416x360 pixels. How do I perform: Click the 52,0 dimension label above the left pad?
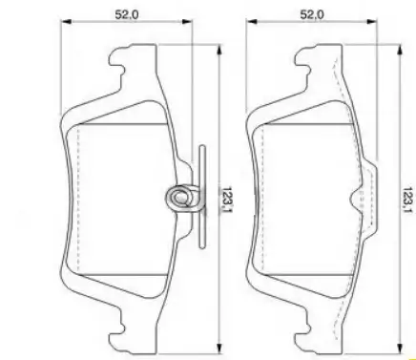click(127, 14)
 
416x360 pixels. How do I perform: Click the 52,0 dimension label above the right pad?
click(312, 14)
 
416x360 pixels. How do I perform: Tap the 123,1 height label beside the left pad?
click(226, 200)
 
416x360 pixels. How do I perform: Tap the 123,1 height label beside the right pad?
click(407, 201)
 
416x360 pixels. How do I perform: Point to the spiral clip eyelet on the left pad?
click(179, 198)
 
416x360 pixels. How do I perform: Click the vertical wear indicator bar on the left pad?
click(202, 197)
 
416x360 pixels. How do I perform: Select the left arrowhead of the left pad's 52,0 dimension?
click(67, 22)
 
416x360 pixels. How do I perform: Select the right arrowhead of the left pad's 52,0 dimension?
click(187, 22)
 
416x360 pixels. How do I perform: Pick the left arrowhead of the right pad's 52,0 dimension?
click(252, 22)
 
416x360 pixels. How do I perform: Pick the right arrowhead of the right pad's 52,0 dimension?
click(371, 22)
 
